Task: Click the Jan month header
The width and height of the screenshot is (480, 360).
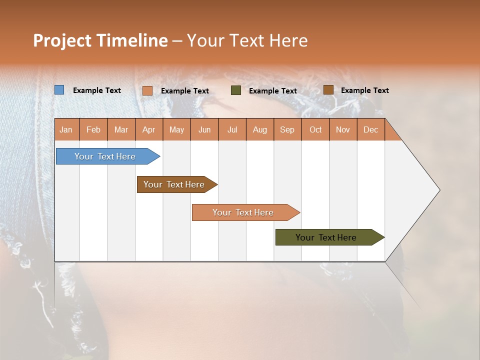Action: (x=66, y=129)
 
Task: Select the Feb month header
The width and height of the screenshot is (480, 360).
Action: (x=93, y=129)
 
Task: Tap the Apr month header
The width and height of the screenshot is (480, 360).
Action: (x=149, y=129)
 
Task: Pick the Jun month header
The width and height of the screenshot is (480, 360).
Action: (x=204, y=129)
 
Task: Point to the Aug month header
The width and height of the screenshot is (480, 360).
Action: (x=260, y=129)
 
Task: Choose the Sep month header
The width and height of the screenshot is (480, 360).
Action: (x=287, y=129)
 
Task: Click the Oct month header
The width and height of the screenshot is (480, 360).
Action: (x=315, y=129)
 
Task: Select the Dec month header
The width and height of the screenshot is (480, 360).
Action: (x=371, y=129)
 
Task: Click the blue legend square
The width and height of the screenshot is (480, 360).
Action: (x=59, y=90)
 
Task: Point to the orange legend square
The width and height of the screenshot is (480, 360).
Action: (x=147, y=90)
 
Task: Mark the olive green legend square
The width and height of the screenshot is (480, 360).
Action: (x=236, y=90)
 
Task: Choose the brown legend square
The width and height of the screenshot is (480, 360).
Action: (x=328, y=89)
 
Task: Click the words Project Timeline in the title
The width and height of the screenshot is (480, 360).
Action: (x=100, y=40)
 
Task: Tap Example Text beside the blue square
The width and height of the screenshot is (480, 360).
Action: (x=97, y=90)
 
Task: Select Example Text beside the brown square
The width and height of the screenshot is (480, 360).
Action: (x=365, y=90)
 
